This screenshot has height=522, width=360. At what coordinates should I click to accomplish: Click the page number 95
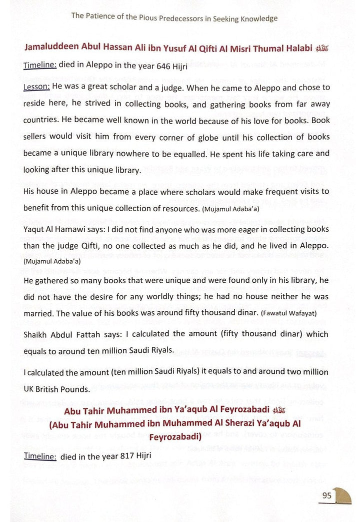tap(327, 495)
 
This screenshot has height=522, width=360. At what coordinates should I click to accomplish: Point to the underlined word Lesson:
tap(36, 87)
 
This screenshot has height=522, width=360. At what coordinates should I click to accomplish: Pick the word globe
tap(178, 137)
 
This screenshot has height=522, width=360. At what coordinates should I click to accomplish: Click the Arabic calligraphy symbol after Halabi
tap(323, 49)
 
